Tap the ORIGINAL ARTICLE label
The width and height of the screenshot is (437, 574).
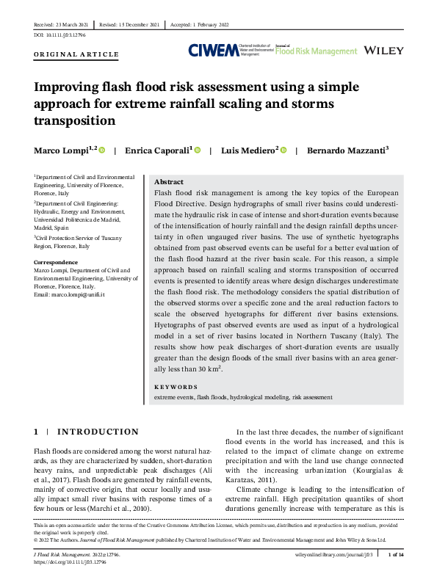[x=76, y=54]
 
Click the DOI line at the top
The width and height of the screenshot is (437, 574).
[x=60, y=35]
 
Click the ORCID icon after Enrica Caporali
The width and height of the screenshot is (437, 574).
[x=197, y=150]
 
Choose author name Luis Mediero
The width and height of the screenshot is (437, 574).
[x=250, y=150]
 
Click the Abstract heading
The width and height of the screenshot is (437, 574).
[x=169, y=181]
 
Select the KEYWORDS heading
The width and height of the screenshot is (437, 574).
[x=176, y=387]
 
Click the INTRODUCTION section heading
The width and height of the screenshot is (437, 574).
[x=108, y=432]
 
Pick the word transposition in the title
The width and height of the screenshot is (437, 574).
[x=75, y=120]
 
